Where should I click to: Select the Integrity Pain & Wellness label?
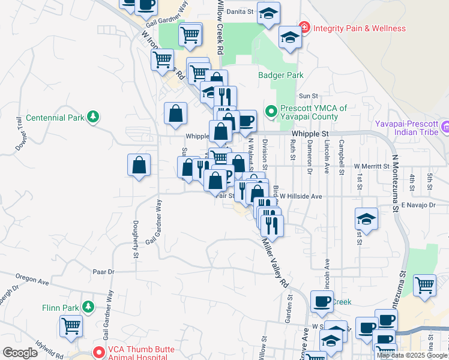click(x=359, y=28)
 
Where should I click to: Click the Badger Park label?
click(x=281, y=76)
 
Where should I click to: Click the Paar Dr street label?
click(x=104, y=272)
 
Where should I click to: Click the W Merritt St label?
click(x=372, y=166)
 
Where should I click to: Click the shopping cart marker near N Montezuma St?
click(x=424, y=285)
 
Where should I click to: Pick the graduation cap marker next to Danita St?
click(x=268, y=13)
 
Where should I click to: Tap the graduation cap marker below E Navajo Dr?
click(x=366, y=220)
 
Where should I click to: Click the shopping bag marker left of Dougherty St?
click(x=139, y=166)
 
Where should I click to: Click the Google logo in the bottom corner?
click(x=20, y=353)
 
